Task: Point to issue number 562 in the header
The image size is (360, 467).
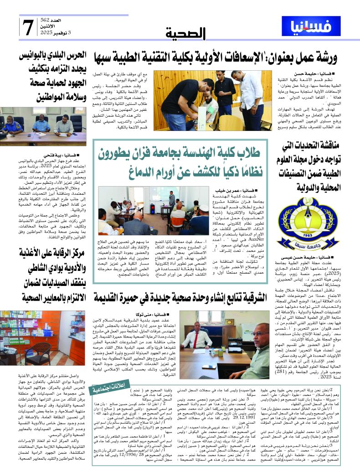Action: click(x=58, y=21)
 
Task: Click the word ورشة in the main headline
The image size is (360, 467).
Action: click(x=324, y=57)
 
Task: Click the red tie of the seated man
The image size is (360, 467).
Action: click(x=197, y=339)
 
